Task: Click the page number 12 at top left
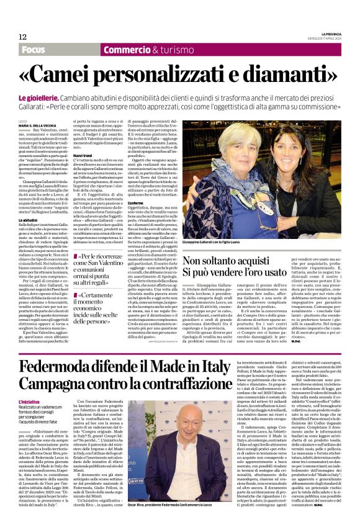[x=22, y=37]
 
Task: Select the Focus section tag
[x=32, y=50]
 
